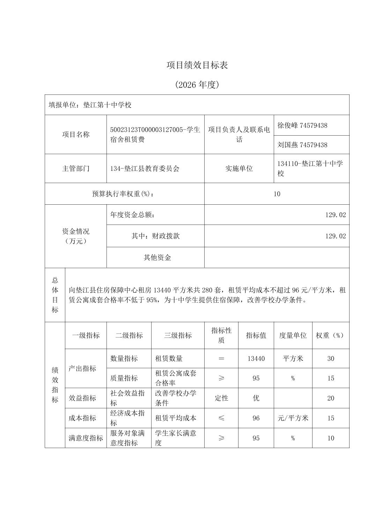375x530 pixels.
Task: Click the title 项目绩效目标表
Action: point(197,65)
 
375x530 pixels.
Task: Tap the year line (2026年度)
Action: point(197,85)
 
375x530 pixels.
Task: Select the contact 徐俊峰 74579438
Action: point(302,125)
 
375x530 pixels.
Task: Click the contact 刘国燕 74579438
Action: point(302,145)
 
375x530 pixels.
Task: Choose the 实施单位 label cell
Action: point(239,168)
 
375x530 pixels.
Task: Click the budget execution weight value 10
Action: point(277,194)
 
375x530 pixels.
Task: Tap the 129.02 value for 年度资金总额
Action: point(335,215)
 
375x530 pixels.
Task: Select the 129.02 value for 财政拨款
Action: point(335,236)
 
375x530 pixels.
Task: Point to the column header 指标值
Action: point(256,335)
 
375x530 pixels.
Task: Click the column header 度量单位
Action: point(293,335)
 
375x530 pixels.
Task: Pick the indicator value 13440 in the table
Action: point(256,358)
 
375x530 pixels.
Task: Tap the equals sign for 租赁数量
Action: point(221,358)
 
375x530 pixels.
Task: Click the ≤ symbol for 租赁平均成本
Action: point(221,418)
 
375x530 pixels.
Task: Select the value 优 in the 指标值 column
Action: point(256,398)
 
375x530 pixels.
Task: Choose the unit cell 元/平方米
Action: point(293,418)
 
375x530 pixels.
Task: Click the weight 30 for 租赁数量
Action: point(331,358)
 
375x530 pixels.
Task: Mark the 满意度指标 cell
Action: point(86,438)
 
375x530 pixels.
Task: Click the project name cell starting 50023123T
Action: point(155,135)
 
